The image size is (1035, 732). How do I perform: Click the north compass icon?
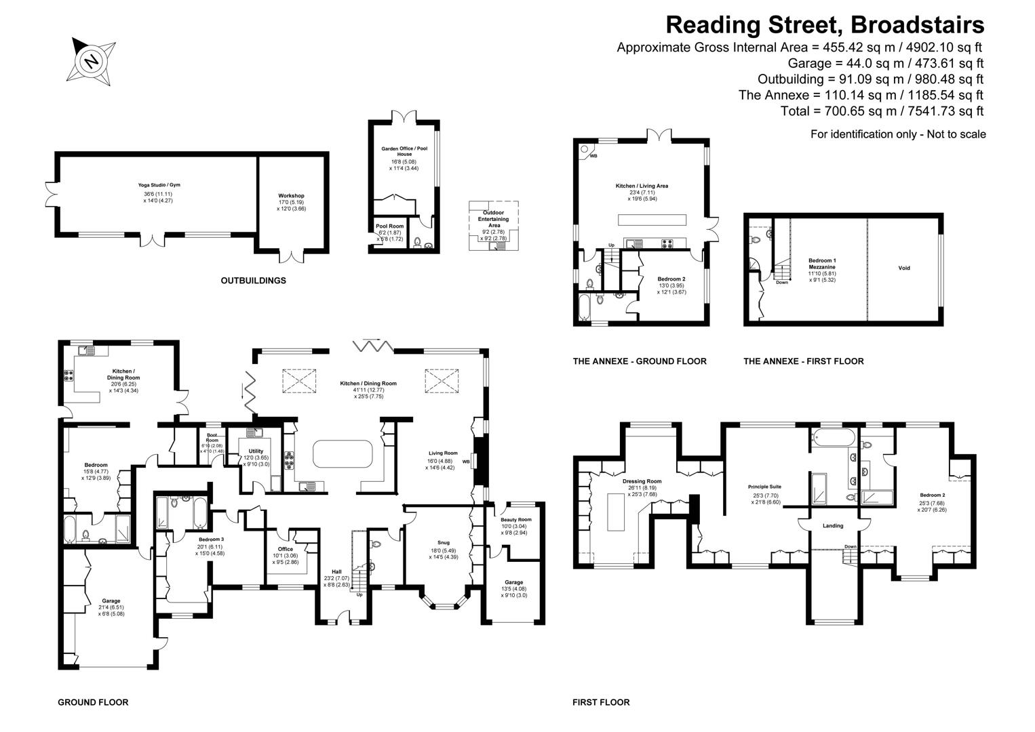point(92,62)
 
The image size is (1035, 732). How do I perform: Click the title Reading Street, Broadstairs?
point(824,25)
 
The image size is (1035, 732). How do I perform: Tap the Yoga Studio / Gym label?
point(159,185)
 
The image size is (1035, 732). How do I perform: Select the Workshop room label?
point(291,196)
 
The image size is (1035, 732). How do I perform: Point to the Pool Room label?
point(389,226)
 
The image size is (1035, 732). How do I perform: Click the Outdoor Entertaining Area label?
point(494,219)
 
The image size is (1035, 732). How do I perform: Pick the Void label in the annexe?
point(903,268)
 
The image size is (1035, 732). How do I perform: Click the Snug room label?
point(443,542)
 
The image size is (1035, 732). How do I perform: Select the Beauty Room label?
point(516,519)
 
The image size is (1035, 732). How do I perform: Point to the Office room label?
point(285,549)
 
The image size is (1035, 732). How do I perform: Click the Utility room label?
point(256,451)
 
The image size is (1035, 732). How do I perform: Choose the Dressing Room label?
point(641,481)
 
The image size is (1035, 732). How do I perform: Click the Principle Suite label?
point(764,487)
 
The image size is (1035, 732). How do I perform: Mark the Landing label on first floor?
point(833,525)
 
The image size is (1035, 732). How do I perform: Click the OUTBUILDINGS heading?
point(253,281)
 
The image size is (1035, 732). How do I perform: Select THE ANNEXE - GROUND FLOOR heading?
point(639,361)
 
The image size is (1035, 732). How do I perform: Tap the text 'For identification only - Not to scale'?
point(897,134)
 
